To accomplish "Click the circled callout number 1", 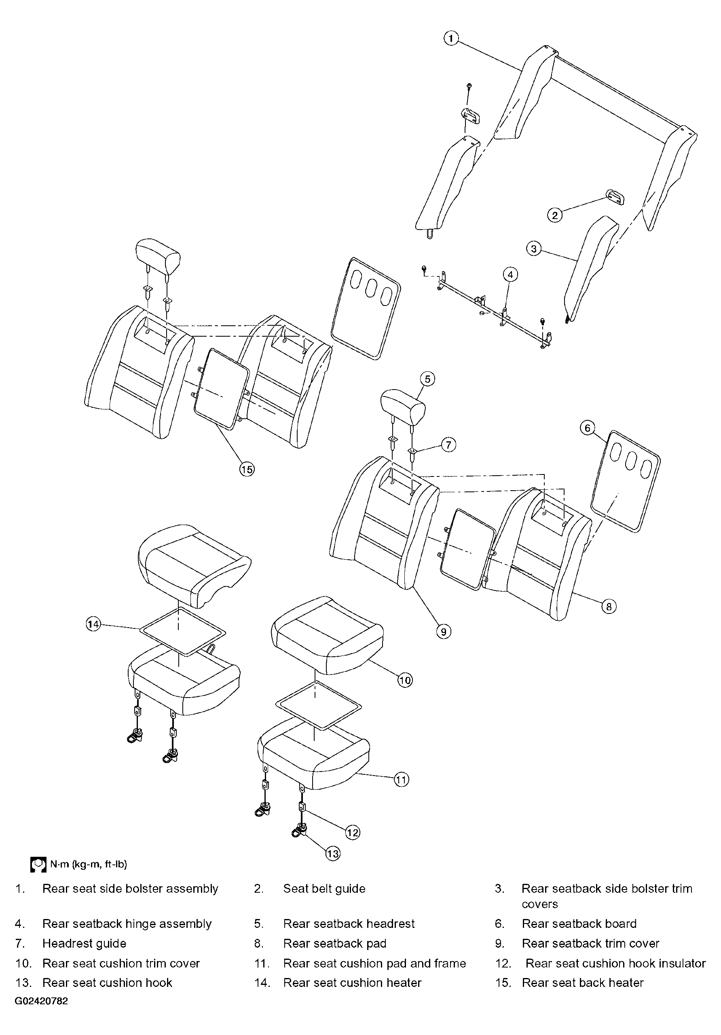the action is click(x=451, y=38).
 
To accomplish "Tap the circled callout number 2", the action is click(x=555, y=215).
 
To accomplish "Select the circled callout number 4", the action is click(x=510, y=274).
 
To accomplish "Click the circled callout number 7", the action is click(x=448, y=445).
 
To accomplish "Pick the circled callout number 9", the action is click(x=444, y=632).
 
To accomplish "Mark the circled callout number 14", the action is click(x=93, y=624).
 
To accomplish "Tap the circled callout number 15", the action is click(x=247, y=469).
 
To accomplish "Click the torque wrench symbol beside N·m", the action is click(x=38, y=864).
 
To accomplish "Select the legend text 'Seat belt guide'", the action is click(x=324, y=888).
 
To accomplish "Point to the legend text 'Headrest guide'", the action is click(x=85, y=944).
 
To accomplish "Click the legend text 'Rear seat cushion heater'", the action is click(x=352, y=983).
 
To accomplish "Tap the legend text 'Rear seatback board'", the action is click(x=579, y=923).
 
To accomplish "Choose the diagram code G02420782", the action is click(x=42, y=1001).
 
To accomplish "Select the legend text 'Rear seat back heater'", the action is click(x=583, y=983).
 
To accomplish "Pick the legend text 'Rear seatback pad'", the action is click(x=334, y=944).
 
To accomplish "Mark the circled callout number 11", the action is click(x=401, y=780).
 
